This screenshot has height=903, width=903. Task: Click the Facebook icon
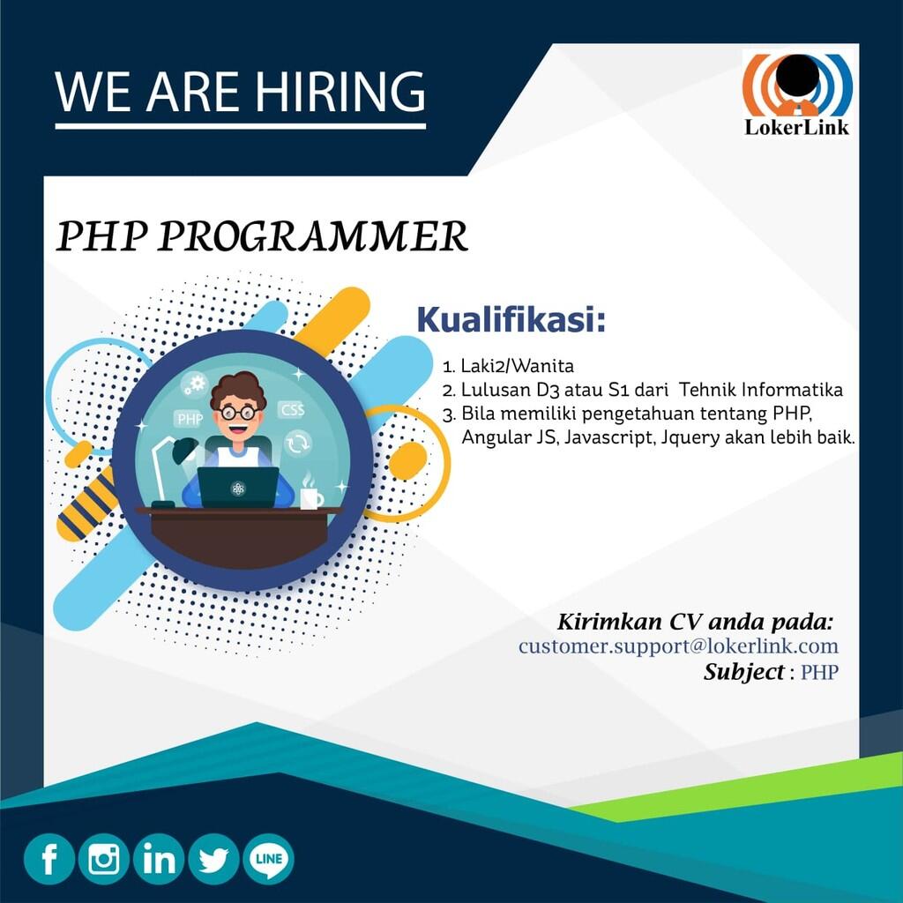point(49,859)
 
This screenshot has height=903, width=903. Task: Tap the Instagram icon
point(104,859)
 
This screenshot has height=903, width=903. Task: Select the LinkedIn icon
point(159,859)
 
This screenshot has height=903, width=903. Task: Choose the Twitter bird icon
point(213,859)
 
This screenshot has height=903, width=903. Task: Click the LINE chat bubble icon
point(268,859)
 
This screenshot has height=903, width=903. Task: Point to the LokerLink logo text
point(796,127)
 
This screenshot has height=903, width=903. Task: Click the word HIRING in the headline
point(340,92)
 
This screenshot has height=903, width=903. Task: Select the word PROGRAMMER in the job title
point(312,236)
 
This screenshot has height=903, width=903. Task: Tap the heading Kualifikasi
point(511,320)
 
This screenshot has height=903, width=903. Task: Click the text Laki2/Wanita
point(517,366)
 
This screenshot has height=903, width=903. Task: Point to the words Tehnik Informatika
point(760,389)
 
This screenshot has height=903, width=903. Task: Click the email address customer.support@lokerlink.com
point(678,646)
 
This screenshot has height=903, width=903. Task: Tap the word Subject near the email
point(743,672)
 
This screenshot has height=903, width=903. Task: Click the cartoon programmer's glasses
point(238,413)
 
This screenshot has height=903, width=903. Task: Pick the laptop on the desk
point(238,487)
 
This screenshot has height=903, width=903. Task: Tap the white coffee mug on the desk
point(311,498)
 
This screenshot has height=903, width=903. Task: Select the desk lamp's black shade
point(185,450)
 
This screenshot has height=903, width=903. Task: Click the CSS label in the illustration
point(292,410)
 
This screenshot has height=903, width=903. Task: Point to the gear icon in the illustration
point(195,384)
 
